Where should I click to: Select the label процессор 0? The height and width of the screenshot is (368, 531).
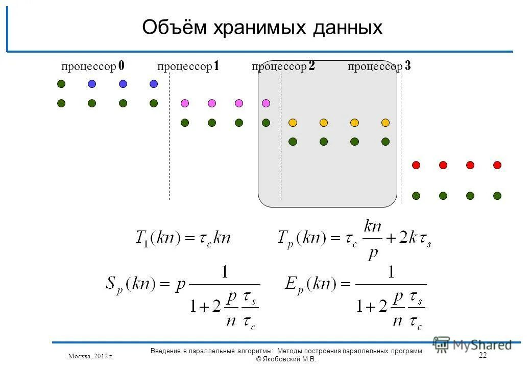[x=93, y=66]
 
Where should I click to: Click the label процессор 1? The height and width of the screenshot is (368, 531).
[x=188, y=66]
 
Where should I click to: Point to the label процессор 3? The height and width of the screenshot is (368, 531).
[x=379, y=66]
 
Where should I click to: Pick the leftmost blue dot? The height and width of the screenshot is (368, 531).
[x=92, y=84]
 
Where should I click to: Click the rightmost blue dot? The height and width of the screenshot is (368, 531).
[x=154, y=84]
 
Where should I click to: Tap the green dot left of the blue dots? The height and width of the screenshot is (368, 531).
[x=61, y=84]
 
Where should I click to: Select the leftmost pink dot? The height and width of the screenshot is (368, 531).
[x=185, y=103]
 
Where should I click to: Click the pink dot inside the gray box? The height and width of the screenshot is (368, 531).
[x=265, y=103]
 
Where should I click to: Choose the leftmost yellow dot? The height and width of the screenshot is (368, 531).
[x=293, y=123]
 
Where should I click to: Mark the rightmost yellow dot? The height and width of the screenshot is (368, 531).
[x=385, y=123]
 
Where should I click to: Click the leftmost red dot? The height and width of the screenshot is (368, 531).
[x=416, y=165]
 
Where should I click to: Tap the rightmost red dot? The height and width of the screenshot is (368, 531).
[x=497, y=165]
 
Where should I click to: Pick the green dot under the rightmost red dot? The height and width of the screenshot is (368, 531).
[x=497, y=196]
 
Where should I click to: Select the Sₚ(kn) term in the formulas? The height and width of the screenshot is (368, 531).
[x=130, y=284]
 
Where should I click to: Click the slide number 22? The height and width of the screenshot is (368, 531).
[x=483, y=356]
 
